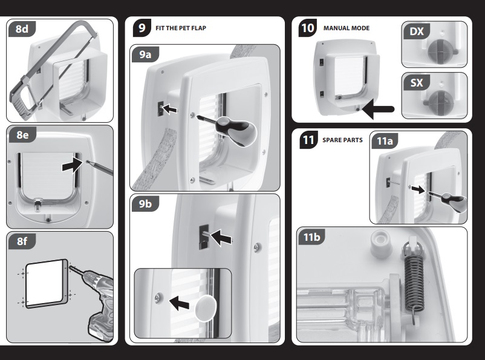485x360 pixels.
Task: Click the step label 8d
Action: pos(22,29)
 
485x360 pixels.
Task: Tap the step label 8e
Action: pos(22,135)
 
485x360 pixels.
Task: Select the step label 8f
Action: pos(22,241)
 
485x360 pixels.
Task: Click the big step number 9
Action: pos(142,28)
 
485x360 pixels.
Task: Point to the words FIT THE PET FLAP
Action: pos(181,28)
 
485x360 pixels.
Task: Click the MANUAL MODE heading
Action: pos(347,28)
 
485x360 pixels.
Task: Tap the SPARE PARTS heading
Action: pos(342,140)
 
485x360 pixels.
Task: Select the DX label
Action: pos(416,31)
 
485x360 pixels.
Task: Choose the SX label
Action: pos(416,83)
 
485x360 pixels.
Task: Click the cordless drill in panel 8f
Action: pos(99,297)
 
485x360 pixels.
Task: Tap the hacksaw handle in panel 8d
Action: pos(23,102)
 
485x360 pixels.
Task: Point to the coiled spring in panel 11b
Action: pos(414,280)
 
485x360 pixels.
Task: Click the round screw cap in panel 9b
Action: pos(206,308)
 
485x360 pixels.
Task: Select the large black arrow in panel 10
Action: pos(378,110)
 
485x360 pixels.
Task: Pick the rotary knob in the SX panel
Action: pos(439,102)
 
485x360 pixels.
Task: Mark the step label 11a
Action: pos(385,141)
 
